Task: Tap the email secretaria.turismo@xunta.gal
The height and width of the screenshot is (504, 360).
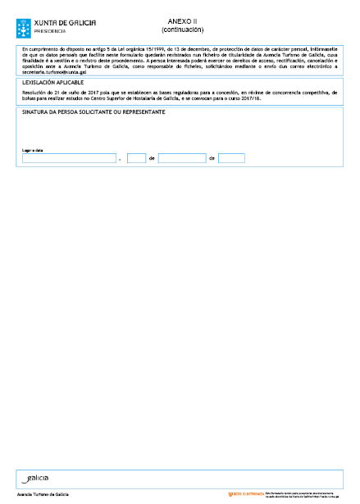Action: coord(56,73)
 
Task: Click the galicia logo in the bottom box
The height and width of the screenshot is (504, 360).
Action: coord(38,477)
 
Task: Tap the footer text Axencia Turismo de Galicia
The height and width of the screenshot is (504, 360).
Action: coord(43,495)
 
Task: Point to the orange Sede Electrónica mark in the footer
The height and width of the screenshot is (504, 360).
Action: coord(244,494)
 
